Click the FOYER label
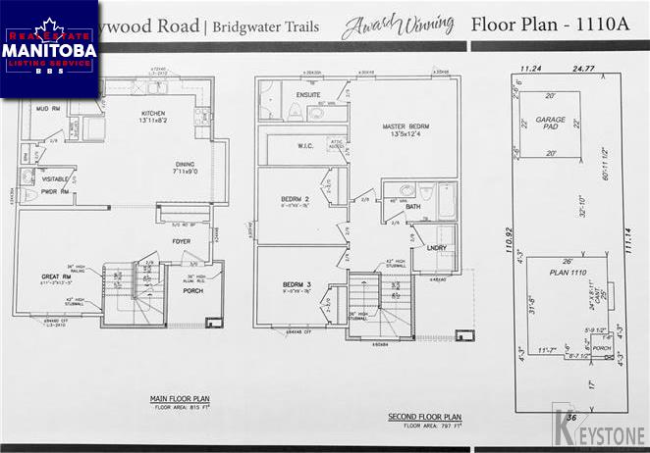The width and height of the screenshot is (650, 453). [180, 241]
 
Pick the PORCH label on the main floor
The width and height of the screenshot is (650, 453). [192, 292]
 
